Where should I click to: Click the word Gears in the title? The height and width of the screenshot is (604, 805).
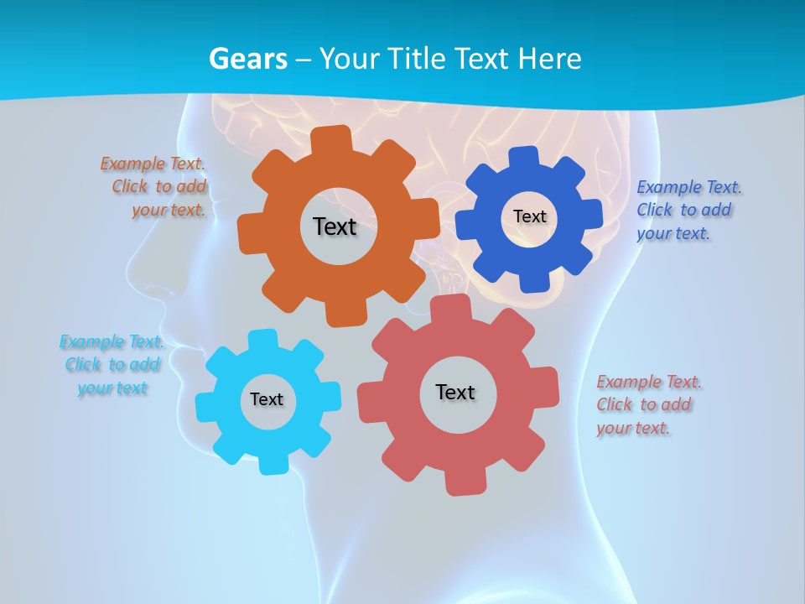tap(247, 59)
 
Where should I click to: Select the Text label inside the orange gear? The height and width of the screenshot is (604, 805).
tap(335, 226)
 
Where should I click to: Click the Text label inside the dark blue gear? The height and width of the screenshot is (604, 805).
tap(529, 216)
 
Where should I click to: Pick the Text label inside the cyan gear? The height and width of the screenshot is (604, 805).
tap(266, 399)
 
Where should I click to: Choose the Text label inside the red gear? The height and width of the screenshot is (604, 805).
tap(455, 392)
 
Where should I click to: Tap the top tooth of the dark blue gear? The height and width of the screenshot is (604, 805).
tap(525, 156)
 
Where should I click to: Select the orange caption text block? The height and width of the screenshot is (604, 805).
tap(156, 187)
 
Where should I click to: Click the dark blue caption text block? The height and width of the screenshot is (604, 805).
tap(688, 210)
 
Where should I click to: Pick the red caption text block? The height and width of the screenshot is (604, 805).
tap(647, 404)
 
